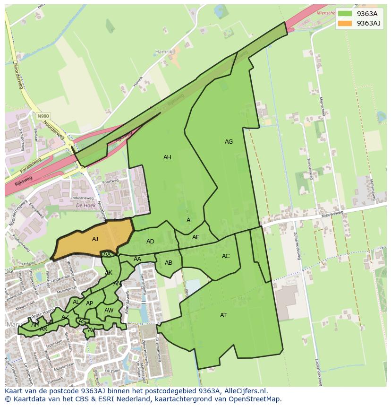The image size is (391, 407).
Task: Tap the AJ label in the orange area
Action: pos(95,239)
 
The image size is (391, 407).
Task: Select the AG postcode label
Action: pos(229,142)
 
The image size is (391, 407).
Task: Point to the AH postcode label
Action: pos(167,157)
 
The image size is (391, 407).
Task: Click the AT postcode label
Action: pos(223,315)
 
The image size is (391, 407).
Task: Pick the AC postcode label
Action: pos(226,256)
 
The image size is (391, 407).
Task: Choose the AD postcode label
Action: pos(150,242)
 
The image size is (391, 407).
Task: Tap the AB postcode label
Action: pos(169,263)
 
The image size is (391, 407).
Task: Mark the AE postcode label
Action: pos(195,237)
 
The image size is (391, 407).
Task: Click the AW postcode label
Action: pos(109,311)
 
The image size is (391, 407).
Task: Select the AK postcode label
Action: pos(109,273)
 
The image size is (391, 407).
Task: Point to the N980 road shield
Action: pos(43,116)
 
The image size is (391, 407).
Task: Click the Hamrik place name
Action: pos(164,51)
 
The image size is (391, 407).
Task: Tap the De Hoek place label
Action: pos(85,206)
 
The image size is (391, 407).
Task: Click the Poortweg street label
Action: pos(110,182)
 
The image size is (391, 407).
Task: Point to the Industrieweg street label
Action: pos(82,198)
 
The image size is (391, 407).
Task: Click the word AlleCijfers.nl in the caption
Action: pos(245,391)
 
